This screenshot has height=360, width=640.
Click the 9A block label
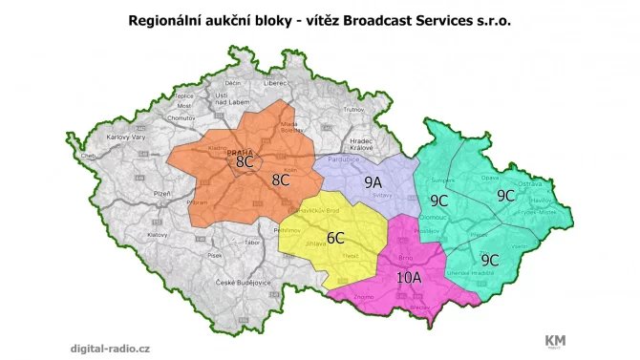[373, 180]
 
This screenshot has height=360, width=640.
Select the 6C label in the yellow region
[335, 237]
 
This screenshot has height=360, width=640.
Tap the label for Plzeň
[134, 193]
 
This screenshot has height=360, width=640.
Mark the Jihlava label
[315, 244]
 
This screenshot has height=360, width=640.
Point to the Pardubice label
[344, 160]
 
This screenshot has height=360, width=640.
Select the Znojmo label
[363, 297]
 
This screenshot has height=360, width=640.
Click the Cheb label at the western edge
[89, 156]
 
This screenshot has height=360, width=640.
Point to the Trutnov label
[354, 110]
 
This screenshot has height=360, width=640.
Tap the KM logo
[555, 340]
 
